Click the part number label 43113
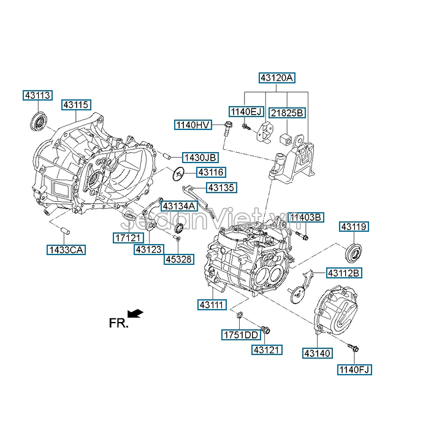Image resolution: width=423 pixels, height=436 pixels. [37, 95]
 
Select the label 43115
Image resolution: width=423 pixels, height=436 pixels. [76, 105]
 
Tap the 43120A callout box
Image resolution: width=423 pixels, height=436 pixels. [277, 78]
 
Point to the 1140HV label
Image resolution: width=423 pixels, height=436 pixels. [193, 124]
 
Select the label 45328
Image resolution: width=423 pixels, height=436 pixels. [178, 259]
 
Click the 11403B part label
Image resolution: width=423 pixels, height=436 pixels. [306, 217]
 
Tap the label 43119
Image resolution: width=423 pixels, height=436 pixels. [354, 227]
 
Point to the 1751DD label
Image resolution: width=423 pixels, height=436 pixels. [241, 335]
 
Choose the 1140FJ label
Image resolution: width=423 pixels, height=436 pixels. [354, 369]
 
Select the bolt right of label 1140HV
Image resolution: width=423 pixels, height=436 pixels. [228, 129]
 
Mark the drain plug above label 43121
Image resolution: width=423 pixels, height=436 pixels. [265, 331]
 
